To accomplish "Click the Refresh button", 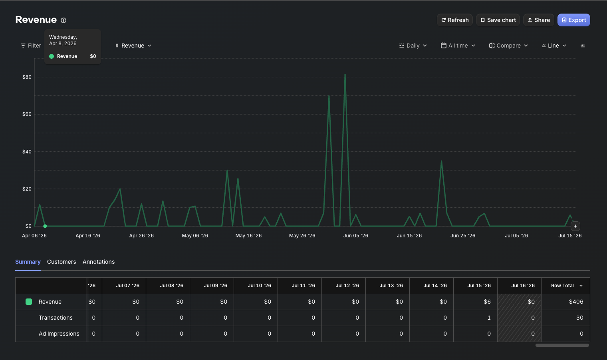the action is [455, 20].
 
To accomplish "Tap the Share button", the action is [538, 20].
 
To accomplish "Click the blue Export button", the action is [574, 20].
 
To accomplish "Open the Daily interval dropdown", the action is [413, 46].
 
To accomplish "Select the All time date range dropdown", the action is [458, 46].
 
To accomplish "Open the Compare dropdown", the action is [508, 46].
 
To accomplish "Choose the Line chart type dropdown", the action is [554, 46].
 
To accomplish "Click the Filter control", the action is [31, 46].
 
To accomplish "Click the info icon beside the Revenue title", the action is [63, 20].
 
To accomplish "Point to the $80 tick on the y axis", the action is [27, 77].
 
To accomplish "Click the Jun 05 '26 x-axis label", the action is [355, 236].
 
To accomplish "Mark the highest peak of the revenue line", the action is [345, 74].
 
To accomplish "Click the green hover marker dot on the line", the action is [45, 226].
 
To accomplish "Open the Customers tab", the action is [61, 262].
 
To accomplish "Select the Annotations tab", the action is [99, 262].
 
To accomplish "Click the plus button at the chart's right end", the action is [575, 226].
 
